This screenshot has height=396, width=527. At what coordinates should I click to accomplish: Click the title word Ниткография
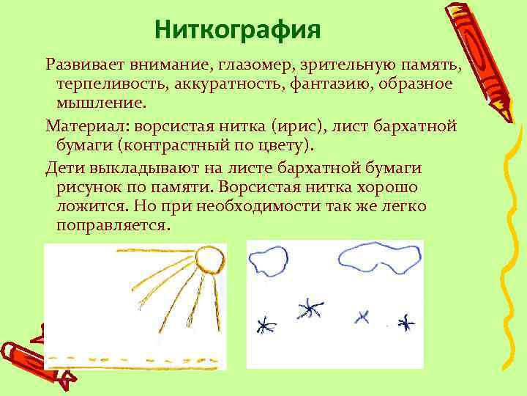tap(239, 31)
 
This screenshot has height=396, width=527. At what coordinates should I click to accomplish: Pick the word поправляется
tap(113, 226)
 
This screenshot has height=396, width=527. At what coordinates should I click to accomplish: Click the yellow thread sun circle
tap(211, 260)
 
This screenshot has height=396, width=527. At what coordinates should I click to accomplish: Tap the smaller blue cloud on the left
tap(269, 260)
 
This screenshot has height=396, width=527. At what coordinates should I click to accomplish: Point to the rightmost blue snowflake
tap(405, 321)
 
